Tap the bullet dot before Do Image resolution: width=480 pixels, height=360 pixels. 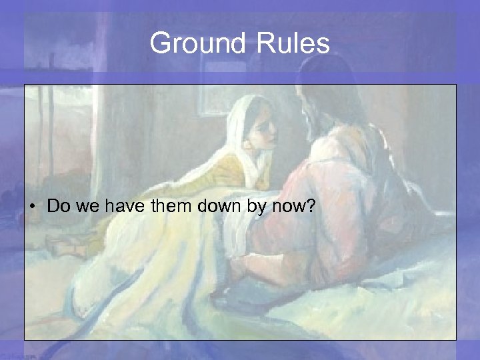click(32, 207)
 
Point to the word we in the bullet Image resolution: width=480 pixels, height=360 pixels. click(85, 207)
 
